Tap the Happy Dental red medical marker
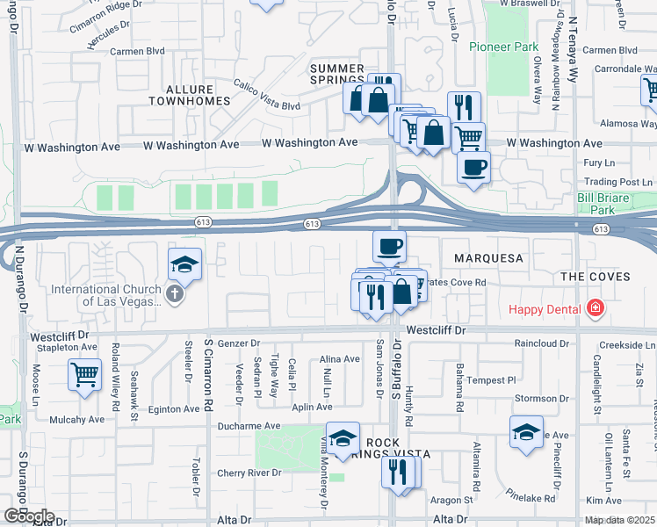(596, 308)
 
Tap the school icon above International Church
(185, 263)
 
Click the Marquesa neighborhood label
(488, 258)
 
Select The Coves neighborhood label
(596, 276)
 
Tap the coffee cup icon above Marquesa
(389, 245)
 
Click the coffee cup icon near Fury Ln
(473, 166)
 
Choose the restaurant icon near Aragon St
(398, 472)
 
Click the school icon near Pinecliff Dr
(526, 432)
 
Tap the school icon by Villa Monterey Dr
(343, 437)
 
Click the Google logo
(29, 516)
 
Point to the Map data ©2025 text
(620, 520)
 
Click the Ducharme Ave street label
(249, 426)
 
